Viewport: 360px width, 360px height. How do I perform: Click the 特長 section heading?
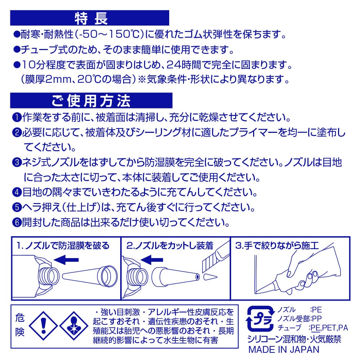91,18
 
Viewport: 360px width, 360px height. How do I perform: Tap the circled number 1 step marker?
17,118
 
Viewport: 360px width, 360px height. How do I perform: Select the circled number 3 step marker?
17,163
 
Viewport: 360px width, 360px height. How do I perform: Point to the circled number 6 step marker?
17,222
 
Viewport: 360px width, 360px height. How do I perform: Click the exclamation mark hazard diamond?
44,326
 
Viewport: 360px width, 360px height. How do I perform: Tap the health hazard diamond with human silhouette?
74,326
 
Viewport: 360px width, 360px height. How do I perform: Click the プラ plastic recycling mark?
260,319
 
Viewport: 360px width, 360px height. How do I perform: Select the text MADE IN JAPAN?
284,350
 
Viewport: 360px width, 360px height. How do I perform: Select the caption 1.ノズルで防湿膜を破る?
63,246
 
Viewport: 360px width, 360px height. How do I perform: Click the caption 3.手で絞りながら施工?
277,246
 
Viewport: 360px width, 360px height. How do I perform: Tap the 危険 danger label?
20,325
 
